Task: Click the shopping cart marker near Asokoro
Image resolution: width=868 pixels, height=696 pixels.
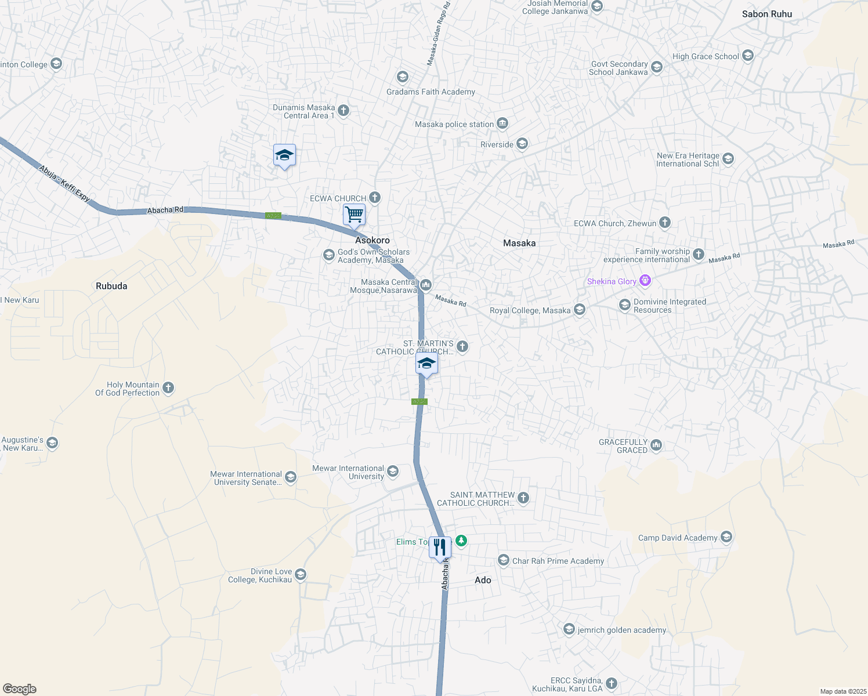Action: (354, 215)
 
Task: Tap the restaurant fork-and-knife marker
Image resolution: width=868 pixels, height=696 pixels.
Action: (440, 547)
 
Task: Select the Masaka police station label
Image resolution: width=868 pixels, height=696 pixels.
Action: (454, 124)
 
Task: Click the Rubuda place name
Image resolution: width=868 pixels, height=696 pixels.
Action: (111, 286)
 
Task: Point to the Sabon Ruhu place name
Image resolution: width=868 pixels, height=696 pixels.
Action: (766, 14)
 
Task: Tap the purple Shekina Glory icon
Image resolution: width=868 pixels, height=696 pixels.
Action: (645, 281)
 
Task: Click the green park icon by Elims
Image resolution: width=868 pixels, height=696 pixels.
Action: (461, 541)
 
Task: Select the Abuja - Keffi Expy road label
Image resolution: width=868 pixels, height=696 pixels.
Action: (64, 183)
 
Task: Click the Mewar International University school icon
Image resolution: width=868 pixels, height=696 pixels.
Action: (393, 471)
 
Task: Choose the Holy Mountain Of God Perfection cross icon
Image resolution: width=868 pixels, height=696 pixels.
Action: (168, 388)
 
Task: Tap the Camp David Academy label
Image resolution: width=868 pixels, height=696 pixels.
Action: (678, 538)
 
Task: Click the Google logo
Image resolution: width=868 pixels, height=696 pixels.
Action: (20, 689)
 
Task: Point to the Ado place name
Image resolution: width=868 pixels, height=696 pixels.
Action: (483, 580)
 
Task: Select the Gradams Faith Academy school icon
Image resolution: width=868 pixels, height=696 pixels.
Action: (402, 77)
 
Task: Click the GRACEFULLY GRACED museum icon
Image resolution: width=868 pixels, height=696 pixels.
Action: (656, 445)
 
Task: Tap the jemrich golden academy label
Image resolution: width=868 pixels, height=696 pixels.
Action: (622, 630)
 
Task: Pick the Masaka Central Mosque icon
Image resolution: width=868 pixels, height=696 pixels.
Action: (426, 284)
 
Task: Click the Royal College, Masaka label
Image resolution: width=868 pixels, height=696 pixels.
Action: (530, 310)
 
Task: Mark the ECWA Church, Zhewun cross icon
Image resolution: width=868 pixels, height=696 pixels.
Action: (665, 223)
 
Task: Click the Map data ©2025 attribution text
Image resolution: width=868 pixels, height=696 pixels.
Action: (843, 691)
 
